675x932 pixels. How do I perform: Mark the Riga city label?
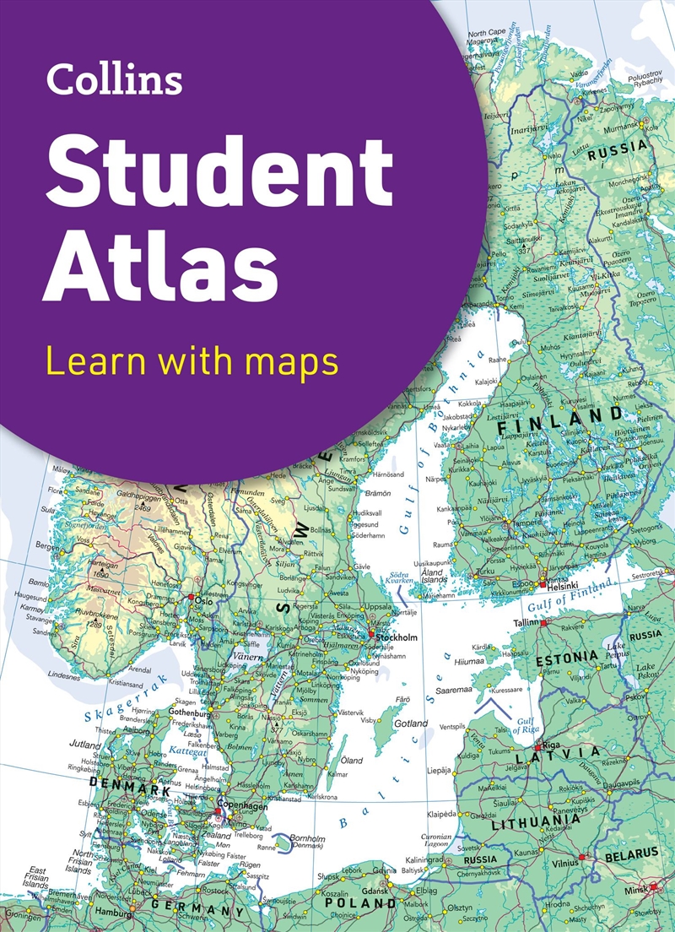click(x=552, y=745)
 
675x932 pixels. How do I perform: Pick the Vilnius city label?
click(x=565, y=864)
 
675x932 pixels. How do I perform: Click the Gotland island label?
click(x=412, y=724)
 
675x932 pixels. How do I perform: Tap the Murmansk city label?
click(x=621, y=125)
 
